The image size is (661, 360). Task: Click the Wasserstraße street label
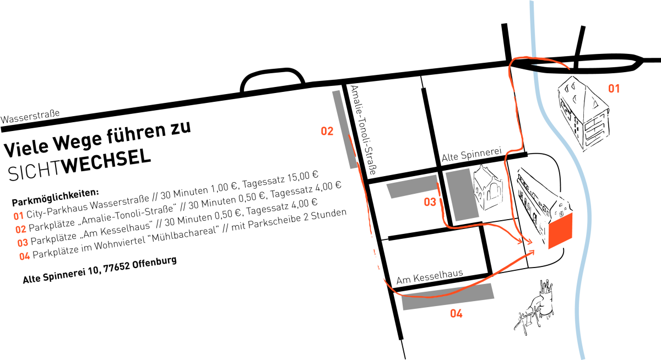point(30,117)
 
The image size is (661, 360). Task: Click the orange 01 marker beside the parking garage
point(614,88)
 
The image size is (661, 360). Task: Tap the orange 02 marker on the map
point(327,131)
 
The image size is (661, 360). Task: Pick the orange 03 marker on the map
point(430,203)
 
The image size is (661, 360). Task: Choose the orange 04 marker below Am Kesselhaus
point(456,314)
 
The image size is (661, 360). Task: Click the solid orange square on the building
point(560,231)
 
